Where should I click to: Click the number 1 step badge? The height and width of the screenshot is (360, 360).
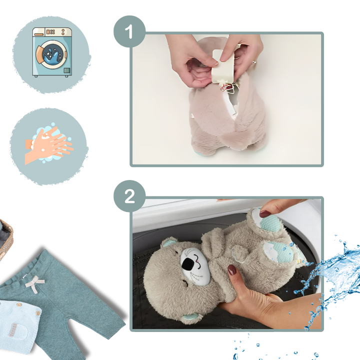pyautogui.click(x=129, y=31)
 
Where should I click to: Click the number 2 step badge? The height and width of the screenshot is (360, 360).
pyautogui.click(x=129, y=196)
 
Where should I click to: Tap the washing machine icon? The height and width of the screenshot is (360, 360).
pyautogui.click(x=52, y=52)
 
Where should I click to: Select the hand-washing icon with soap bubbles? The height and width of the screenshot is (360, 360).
pyautogui.click(x=49, y=144)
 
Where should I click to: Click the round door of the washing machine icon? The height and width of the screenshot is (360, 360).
pyautogui.click(x=52, y=54)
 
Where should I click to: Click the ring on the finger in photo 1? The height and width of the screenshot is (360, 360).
pyautogui.click(x=254, y=61)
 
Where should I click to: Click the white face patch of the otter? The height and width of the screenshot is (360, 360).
pyautogui.click(x=195, y=266)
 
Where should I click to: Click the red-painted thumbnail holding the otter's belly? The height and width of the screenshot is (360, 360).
pyautogui.click(x=232, y=270)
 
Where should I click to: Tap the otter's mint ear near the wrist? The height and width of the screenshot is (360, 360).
pyautogui.click(x=192, y=318)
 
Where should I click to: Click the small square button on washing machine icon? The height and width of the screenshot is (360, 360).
pyautogui.click(x=67, y=70)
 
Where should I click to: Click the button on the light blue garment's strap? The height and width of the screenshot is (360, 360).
pyautogui.click(x=19, y=304)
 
